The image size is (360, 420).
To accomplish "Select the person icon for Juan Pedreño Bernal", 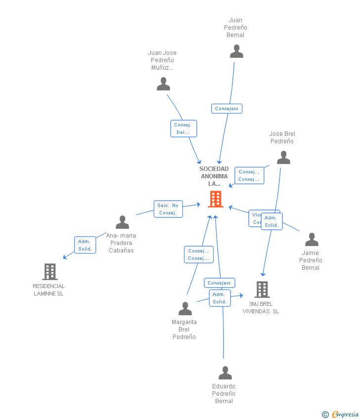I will point(236,51).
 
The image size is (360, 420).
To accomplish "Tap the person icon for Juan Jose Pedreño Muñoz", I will point(163,84).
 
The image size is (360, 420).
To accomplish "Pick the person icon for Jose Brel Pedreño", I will point(283,158).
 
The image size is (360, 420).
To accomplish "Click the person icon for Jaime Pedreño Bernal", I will point(312,240).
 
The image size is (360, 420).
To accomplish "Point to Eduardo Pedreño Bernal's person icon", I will point(225,373).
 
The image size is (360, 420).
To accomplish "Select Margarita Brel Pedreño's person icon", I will point(185,309).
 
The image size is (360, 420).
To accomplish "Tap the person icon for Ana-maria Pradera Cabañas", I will point(122,222).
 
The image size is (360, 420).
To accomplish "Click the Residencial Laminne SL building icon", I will point(49,272).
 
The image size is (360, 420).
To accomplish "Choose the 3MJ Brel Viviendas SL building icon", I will point(262,290).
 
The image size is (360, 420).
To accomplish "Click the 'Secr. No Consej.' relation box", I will point(168,209).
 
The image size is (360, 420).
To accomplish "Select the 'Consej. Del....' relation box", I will point(183,128).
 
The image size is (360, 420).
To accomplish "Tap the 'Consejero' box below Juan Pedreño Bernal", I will point(226,109).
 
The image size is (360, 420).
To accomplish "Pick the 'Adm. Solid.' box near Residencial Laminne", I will point(85,245).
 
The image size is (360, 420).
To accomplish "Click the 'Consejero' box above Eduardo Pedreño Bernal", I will point(219,283).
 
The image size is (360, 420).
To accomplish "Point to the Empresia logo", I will point(341,414).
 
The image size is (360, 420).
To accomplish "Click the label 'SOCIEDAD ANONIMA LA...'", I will point(214,176).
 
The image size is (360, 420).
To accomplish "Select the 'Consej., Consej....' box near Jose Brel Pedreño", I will point(249,175).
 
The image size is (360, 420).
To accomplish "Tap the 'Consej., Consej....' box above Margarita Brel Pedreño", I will point(199,254).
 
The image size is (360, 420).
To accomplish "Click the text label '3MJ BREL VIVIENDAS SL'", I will point(261,308).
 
